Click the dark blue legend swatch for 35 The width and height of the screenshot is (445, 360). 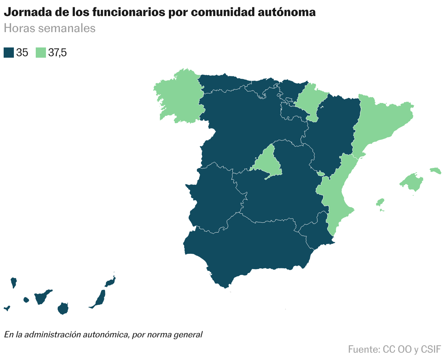(9, 53)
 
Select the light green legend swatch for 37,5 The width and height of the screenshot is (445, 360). (40, 53)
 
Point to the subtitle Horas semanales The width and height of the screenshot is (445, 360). (50, 28)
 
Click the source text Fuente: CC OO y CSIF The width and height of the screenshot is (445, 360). (394, 349)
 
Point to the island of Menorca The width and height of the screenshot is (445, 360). (436, 170)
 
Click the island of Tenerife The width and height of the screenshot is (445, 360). (41, 297)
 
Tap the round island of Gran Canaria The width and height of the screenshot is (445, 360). (63, 309)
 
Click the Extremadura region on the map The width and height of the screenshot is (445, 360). (215, 197)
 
